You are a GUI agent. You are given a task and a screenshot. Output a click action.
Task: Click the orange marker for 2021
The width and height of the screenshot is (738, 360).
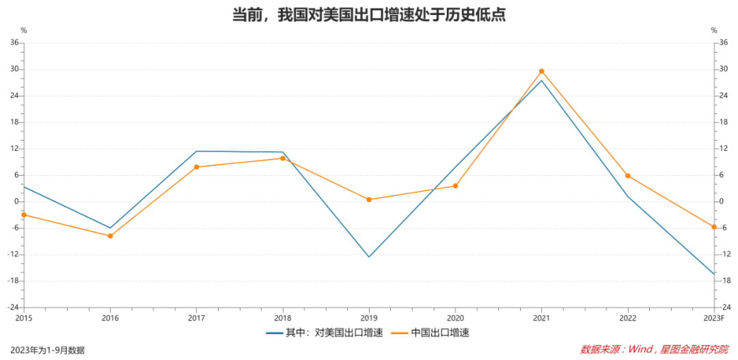(542, 71)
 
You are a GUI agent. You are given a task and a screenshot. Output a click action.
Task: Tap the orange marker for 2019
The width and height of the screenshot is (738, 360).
(369, 199)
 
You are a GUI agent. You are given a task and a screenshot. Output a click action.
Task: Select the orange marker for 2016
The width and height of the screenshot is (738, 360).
(110, 236)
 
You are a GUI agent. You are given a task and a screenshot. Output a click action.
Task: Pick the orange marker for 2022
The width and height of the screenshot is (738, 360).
(628, 176)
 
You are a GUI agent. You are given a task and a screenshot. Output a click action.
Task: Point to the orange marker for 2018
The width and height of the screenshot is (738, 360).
(283, 158)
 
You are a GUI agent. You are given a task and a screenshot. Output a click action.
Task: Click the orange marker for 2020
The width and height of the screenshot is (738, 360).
(455, 186)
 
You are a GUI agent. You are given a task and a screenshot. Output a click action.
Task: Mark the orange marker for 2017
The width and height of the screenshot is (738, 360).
(196, 167)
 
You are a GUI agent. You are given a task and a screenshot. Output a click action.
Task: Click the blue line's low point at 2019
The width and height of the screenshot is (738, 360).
(369, 257)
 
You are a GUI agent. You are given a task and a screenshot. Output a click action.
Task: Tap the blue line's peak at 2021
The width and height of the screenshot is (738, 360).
(542, 81)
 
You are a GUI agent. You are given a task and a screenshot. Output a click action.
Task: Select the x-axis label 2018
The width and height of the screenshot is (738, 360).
(283, 318)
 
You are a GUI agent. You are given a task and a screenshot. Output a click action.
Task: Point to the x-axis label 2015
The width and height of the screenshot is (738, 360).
(24, 318)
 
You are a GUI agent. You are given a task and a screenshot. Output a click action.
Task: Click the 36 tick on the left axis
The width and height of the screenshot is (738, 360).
(14, 43)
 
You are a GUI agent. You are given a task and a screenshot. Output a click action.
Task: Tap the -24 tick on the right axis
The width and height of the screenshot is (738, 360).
(719, 307)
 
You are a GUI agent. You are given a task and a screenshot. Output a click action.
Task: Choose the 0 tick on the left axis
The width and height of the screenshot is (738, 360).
(16, 202)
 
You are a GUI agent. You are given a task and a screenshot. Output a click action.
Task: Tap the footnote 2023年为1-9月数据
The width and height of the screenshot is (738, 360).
(48, 350)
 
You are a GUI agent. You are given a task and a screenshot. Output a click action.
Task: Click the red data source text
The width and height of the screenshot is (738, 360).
(654, 350)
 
